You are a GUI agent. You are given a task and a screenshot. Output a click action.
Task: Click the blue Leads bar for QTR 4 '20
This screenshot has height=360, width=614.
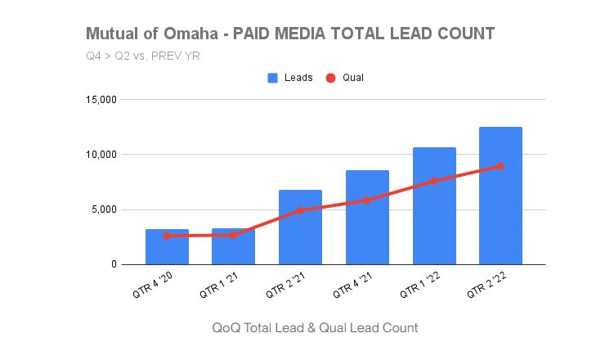[167, 250]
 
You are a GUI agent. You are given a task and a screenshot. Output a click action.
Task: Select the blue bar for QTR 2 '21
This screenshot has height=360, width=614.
[300, 233]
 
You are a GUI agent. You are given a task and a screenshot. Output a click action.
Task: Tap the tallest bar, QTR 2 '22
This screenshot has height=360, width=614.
[500, 196]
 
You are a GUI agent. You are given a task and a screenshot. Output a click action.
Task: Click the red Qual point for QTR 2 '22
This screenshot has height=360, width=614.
[500, 166]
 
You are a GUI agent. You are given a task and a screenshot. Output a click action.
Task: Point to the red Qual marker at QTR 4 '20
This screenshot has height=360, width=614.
[167, 236]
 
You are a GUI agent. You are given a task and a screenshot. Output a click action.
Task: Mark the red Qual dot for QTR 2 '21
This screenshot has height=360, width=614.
[300, 210]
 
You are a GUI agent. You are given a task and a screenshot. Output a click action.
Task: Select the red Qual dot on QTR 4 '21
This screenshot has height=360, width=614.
[367, 200]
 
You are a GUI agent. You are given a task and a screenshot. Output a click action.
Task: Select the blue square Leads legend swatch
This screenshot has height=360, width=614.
[273, 78]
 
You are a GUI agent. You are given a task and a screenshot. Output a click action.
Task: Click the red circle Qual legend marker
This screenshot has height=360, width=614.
[330, 78]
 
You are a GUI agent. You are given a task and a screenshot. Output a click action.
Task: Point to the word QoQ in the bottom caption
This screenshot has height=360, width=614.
[226, 327]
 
